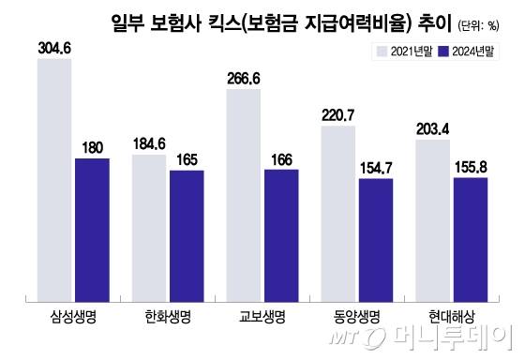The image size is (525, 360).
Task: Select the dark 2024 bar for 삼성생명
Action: [92, 230]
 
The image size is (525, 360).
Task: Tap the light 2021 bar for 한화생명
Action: [149, 228]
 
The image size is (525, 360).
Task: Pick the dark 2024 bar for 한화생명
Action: [187, 235]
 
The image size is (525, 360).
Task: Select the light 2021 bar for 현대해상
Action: [433, 221]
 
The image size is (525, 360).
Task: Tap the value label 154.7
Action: [376, 166]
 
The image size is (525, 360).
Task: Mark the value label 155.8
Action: [471, 165]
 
